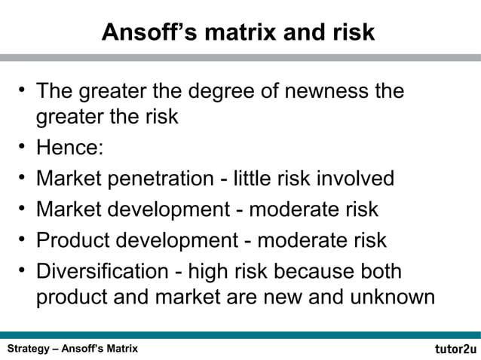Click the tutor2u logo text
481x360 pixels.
(455, 349)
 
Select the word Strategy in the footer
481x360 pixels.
(29, 349)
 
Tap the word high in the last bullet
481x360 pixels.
(213, 272)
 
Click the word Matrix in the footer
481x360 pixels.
(118, 349)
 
